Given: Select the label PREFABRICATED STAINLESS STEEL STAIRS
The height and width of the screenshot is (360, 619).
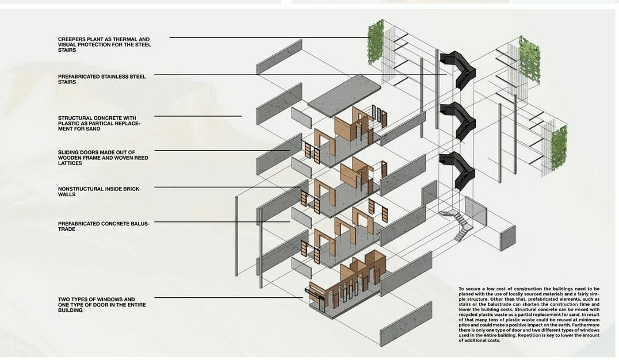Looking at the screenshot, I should (102, 79).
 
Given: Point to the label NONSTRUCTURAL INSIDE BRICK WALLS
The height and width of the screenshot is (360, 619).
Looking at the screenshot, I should (99, 191).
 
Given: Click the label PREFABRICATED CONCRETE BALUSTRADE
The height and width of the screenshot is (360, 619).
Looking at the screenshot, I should (104, 226).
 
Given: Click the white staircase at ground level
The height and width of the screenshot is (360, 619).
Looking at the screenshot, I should (460, 225).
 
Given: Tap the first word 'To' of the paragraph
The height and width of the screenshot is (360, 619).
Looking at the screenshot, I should (462, 289).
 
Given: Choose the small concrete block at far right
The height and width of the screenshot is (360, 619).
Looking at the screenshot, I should (507, 238).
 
